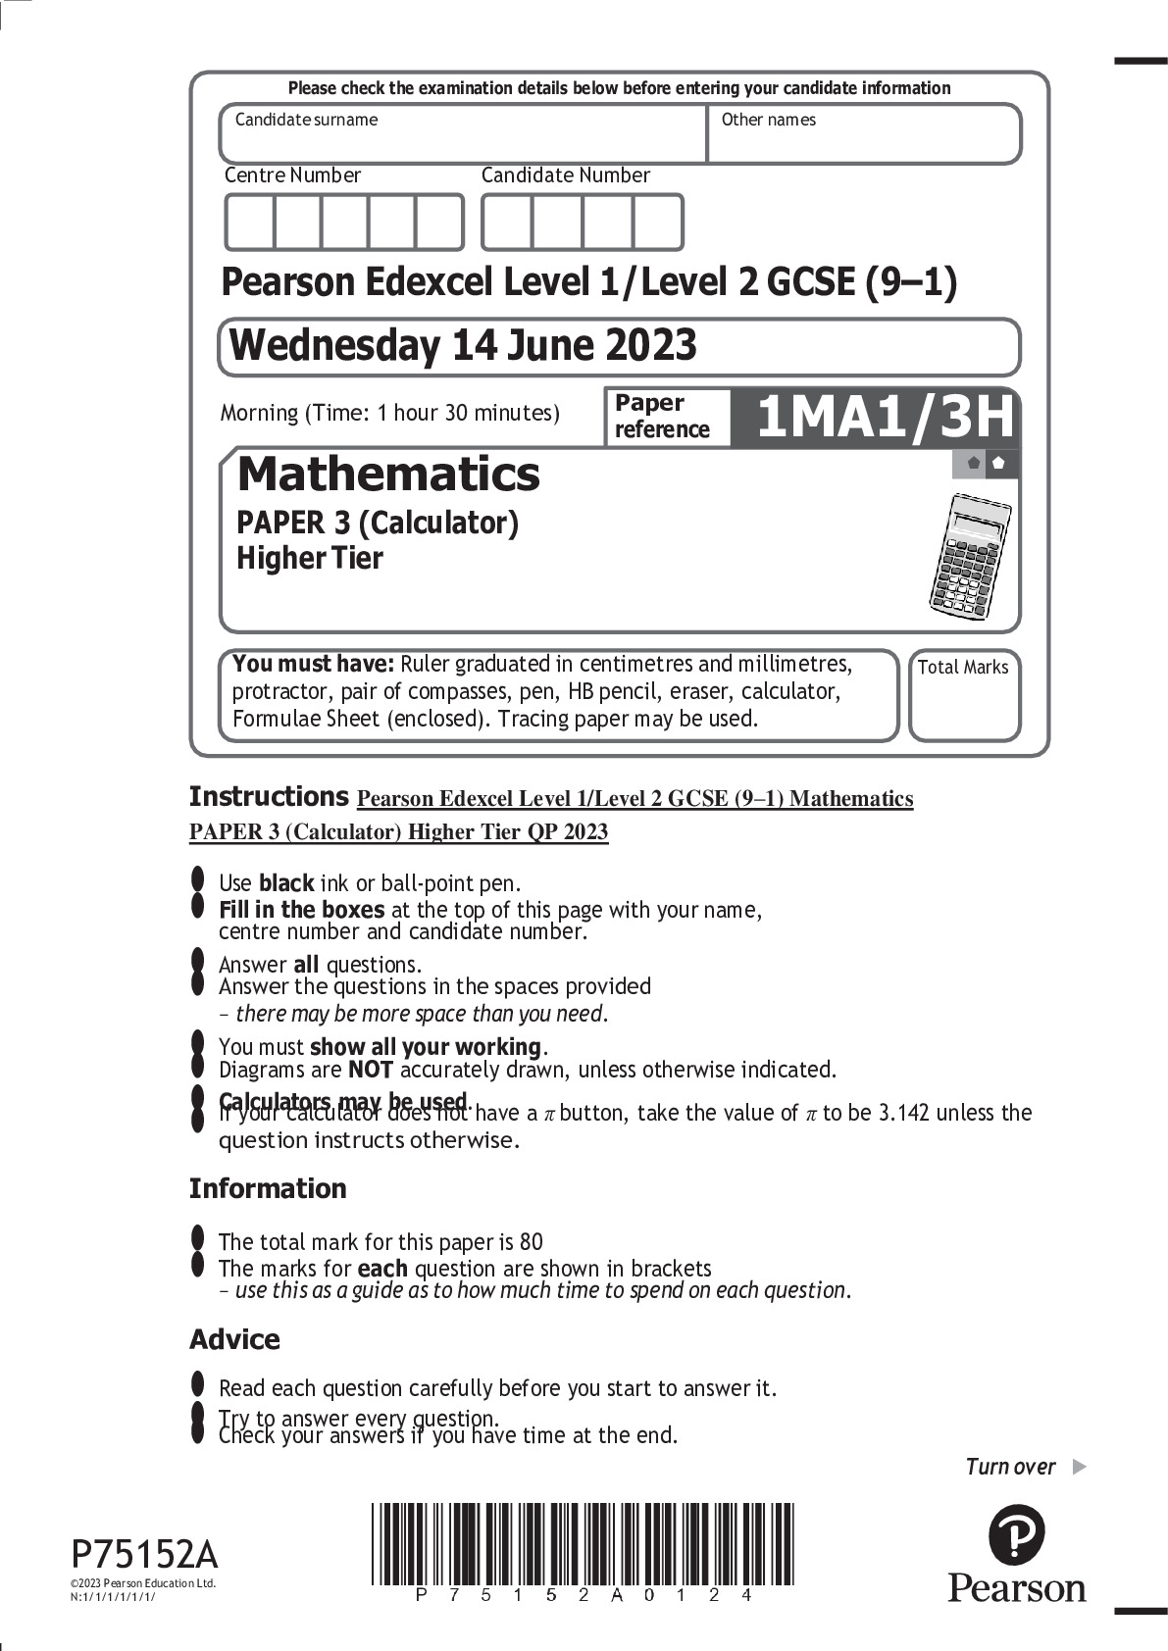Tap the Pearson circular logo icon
pyautogui.click(x=1016, y=1534)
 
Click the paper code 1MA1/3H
pyautogui.click(x=884, y=418)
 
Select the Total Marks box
pyautogui.click(x=963, y=695)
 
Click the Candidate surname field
pyautogui.click(x=462, y=133)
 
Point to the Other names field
pyautogui.click(x=863, y=133)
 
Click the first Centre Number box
pyautogui.click(x=250, y=223)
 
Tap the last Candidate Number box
pyautogui.click(x=657, y=223)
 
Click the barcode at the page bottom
pyautogui.click(x=583, y=1543)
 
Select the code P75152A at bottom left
pyautogui.click(x=144, y=1555)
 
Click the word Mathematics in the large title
pyautogui.click(x=388, y=475)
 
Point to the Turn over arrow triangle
pyautogui.click(x=1079, y=1467)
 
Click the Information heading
pyautogui.click(x=268, y=1188)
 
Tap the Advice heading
pyautogui.click(x=234, y=1339)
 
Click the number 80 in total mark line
pyautogui.click(x=531, y=1242)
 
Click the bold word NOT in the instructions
pyautogui.click(x=371, y=1070)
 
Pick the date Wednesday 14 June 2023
pyautogui.click(x=463, y=346)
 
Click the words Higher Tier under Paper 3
pyautogui.click(x=310, y=559)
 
